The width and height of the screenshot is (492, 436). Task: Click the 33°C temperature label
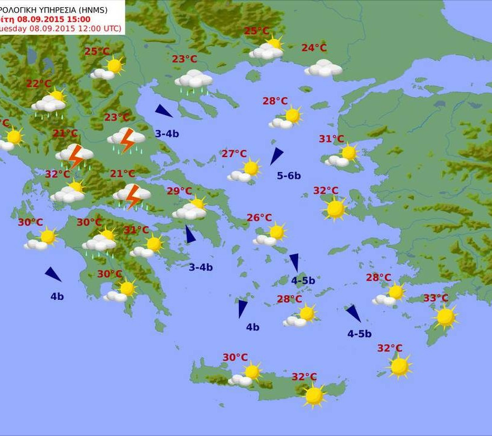click(x=436, y=298)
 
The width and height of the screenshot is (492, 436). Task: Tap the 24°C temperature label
click(x=314, y=48)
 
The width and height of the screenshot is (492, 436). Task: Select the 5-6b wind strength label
click(x=289, y=176)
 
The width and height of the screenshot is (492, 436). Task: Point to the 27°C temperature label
click(x=234, y=154)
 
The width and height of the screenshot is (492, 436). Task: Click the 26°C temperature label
click(x=259, y=218)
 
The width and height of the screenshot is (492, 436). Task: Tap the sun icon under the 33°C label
click(x=445, y=317)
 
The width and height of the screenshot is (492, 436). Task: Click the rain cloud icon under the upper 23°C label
click(x=193, y=81)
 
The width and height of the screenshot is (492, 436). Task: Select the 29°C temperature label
click(x=179, y=191)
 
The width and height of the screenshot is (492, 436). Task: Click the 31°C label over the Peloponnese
click(x=136, y=230)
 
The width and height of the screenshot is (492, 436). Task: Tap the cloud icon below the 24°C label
click(x=323, y=68)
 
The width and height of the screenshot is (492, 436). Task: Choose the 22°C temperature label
click(x=39, y=84)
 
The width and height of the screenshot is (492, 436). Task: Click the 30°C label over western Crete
click(x=235, y=357)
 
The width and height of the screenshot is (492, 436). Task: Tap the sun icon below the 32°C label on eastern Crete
click(x=314, y=395)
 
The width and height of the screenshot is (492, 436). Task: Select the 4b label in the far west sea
click(x=57, y=296)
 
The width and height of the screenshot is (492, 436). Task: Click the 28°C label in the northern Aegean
click(x=275, y=101)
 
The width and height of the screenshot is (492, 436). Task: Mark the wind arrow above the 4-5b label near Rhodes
click(x=353, y=313)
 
